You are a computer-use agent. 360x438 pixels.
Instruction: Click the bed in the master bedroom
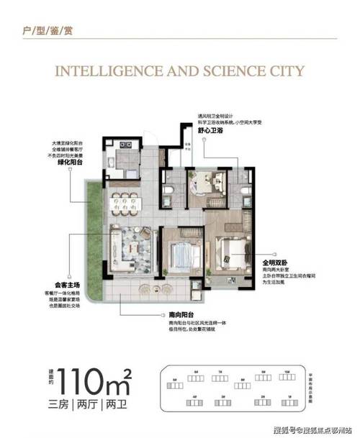[x=231, y=252]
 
